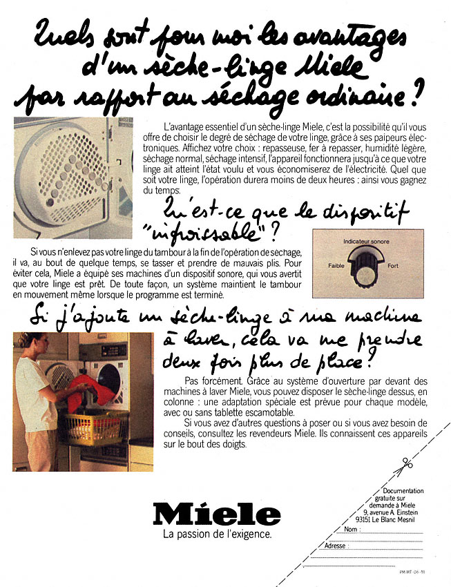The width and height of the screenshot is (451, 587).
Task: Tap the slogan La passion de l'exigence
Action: pos(216,535)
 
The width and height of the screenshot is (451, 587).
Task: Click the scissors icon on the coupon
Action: pos(402,468)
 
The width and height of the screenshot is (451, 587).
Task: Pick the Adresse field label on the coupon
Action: pos(336,546)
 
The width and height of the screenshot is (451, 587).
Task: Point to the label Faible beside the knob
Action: pos(336,266)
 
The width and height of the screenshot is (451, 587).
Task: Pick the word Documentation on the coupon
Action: pos(403,491)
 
